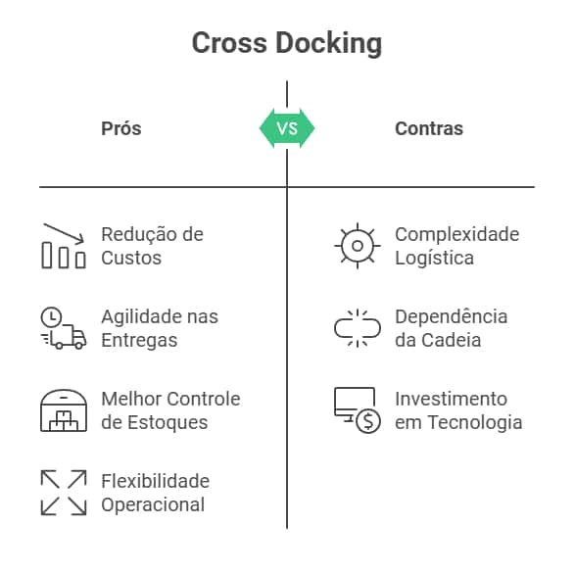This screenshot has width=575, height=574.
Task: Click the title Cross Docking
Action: click(287, 44)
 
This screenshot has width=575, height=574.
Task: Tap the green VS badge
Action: click(287, 128)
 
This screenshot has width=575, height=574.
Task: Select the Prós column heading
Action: click(121, 128)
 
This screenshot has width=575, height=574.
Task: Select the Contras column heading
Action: click(429, 128)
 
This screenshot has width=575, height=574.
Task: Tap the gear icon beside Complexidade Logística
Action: click(358, 246)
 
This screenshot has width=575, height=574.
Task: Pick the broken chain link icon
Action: click(358, 328)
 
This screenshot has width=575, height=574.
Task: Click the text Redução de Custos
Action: click(152, 246)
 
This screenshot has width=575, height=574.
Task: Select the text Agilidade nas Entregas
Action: click(159, 328)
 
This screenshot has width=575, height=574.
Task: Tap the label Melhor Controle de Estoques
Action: click(170, 410)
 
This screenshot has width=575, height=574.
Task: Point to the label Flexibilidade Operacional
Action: click(155, 493)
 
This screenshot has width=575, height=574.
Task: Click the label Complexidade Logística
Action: click(456, 246)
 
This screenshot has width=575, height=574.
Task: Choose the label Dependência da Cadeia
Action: click(451, 328)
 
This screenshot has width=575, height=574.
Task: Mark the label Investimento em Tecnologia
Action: click(457, 410)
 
